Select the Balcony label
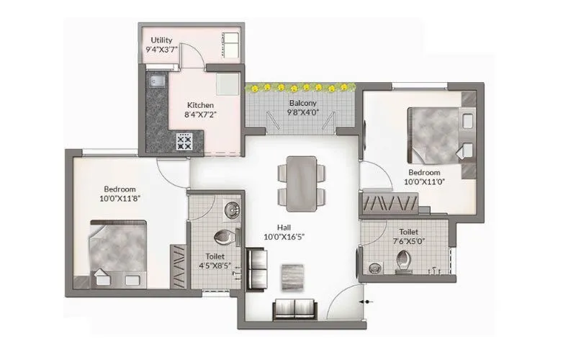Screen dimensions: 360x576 [303, 103]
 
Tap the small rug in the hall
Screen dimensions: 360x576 [292, 275]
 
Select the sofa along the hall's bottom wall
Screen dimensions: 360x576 [294, 309]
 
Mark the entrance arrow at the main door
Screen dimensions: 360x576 [367, 302]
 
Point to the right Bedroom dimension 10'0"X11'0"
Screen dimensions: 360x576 [424, 182]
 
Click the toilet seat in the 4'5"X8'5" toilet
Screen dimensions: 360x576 [226, 236]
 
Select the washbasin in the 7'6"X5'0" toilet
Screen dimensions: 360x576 [373, 268]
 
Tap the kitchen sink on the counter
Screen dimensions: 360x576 [155, 81]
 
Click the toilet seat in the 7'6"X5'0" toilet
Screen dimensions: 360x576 [400, 266]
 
